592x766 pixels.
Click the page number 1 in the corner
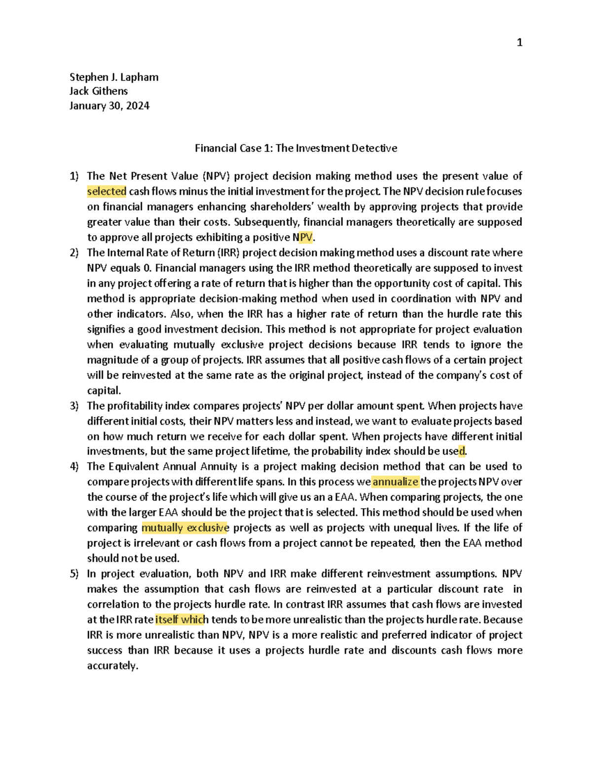point(519,43)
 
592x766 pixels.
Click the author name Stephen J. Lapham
point(114,77)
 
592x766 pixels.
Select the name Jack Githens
point(99,91)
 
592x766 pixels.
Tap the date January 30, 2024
point(110,106)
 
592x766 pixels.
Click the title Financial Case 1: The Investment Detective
point(296,148)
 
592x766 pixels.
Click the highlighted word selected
point(107,191)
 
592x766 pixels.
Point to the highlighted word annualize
point(395,482)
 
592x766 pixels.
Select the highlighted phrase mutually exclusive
point(185,528)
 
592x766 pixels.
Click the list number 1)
point(74,176)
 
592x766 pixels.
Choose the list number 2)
point(74,253)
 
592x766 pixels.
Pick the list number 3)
point(74,406)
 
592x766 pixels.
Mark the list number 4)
point(74,467)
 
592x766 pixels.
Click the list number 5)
point(74,574)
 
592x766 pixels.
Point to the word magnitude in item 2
point(112,360)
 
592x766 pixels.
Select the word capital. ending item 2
point(104,391)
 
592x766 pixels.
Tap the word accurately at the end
point(112,666)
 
